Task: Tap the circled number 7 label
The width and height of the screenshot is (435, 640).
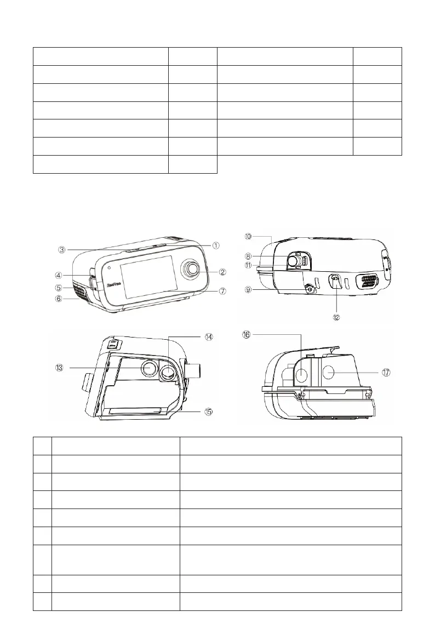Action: point(222,291)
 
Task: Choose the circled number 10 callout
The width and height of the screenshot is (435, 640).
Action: point(248,237)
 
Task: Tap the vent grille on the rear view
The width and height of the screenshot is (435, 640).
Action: point(369,282)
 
